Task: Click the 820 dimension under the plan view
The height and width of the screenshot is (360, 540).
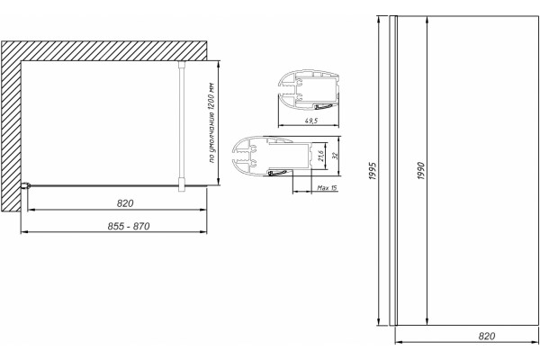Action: [125, 203]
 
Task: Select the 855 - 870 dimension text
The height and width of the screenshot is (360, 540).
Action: [129, 226]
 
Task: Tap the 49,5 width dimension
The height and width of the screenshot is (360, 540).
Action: [311, 121]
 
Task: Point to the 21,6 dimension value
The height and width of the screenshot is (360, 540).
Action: [321, 156]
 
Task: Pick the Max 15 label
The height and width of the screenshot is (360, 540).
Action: [327, 188]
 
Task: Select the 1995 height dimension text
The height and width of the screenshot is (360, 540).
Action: [373, 171]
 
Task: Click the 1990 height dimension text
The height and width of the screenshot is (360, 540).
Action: [421, 171]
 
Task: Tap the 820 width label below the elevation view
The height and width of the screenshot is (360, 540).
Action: [487, 336]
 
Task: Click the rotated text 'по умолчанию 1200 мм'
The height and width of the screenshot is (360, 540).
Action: [212, 122]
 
